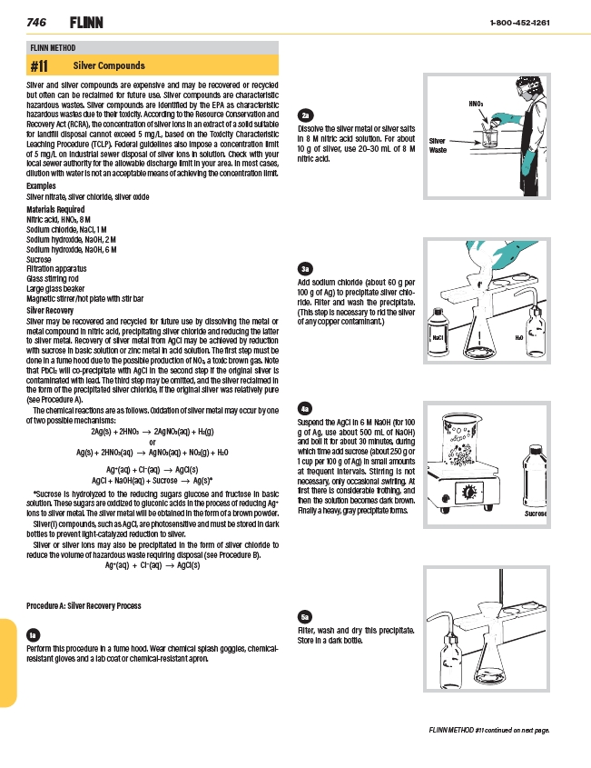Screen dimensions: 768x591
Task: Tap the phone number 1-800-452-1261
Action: pyautogui.click(x=518, y=22)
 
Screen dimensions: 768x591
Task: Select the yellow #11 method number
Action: pyautogui.click(x=39, y=66)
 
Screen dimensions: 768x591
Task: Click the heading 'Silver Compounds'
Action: pyautogui.click(x=109, y=66)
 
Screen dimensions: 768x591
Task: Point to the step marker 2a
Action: pyautogui.click(x=307, y=115)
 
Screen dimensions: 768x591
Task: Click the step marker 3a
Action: pyautogui.click(x=307, y=268)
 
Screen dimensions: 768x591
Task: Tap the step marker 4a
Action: pyautogui.click(x=307, y=409)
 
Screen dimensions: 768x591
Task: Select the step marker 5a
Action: pyautogui.click(x=307, y=613)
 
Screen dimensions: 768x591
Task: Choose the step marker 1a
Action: pyautogui.click(x=34, y=633)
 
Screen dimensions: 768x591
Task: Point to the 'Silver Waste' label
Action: pyautogui.click(x=438, y=145)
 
